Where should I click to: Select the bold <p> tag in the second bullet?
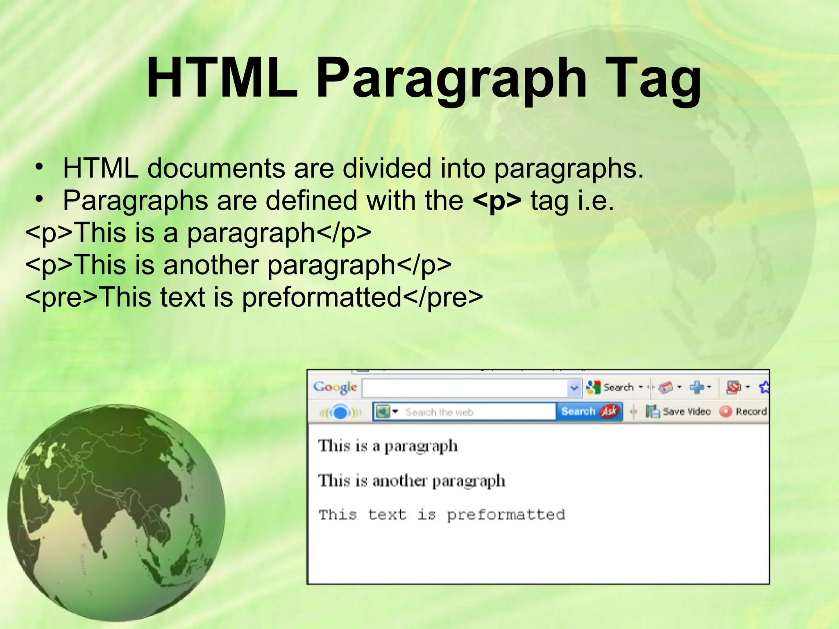(497, 201)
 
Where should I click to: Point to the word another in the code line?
(211, 265)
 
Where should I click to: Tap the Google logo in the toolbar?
(335, 387)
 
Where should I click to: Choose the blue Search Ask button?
(589, 411)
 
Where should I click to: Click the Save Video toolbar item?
(678, 412)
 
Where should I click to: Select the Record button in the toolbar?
(743, 412)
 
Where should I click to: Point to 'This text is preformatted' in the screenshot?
(442, 515)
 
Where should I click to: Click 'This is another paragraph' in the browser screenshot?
(412, 481)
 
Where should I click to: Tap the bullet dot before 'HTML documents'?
(39, 167)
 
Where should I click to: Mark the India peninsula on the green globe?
(98, 528)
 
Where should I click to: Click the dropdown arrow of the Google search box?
(574, 388)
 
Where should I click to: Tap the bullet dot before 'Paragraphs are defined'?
(39, 199)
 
